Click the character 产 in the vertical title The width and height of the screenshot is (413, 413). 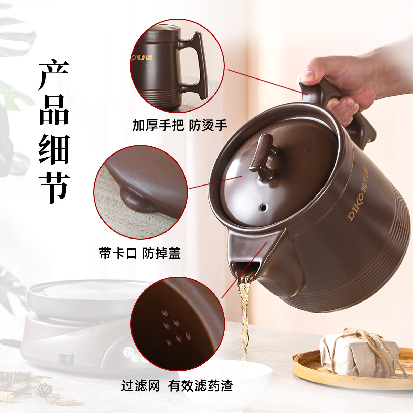point(54,75)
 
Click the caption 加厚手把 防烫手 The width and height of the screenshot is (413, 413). point(180,126)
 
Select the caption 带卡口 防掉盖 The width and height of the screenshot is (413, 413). point(140,253)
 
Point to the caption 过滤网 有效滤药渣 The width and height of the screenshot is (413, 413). point(177,386)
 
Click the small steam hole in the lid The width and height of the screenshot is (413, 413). point(263,208)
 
